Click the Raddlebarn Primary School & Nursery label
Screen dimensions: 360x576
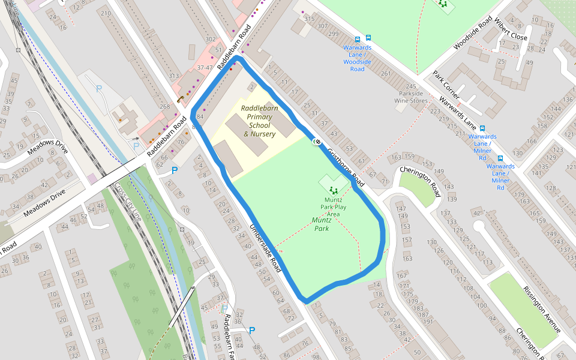[258, 121]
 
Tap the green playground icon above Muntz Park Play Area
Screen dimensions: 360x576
[333, 190]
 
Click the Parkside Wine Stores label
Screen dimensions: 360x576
[410, 97]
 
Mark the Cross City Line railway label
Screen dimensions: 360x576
[128, 202]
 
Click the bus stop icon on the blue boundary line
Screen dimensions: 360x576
[317, 142]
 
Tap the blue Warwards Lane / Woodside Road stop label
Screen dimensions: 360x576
[357, 58]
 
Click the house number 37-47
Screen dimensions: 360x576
[204, 68]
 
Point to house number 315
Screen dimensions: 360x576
[310, 19]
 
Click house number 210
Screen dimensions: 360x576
[106, 13]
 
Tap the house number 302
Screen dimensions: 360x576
[210, 39]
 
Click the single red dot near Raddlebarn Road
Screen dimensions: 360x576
[230, 69]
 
